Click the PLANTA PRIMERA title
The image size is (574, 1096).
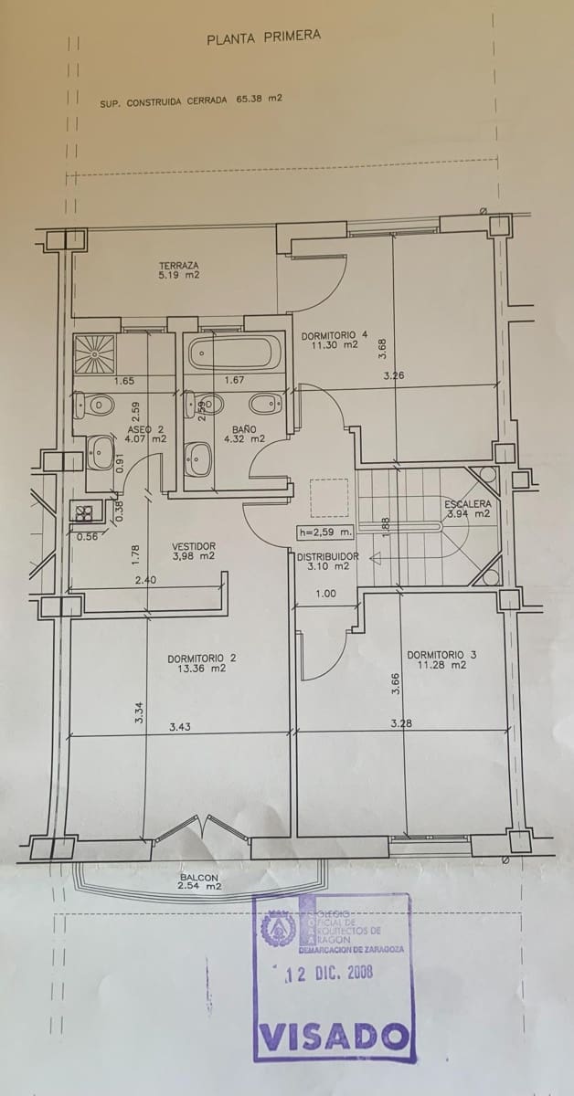(263, 37)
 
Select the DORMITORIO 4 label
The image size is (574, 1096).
(335, 340)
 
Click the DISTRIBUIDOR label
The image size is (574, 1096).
(327, 561)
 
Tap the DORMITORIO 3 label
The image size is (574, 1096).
(441, 659)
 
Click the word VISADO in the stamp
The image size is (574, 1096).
(333, 1037)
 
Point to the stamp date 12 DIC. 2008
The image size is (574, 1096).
(328, 974)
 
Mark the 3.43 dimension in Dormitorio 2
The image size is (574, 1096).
(179, 727)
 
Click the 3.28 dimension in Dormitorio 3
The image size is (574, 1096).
(399, 723)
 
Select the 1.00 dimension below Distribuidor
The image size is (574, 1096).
(325, 594)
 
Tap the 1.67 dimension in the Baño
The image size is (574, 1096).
(235, 380)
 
